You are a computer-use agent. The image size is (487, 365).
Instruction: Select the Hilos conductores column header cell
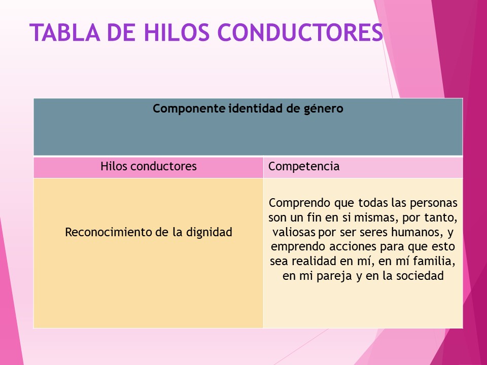pos(148,166)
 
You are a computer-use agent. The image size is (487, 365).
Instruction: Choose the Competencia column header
pos(304,166)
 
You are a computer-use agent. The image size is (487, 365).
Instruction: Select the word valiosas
pos(293,233)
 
